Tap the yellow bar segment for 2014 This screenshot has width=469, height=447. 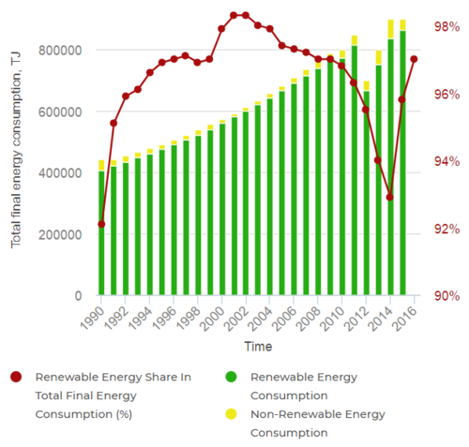pyautogui.click(x=391, y=29)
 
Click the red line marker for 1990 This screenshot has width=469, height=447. pyautogui.click(x=101, y=224)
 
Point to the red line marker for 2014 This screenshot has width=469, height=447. pyautogui.click(x=389, y=197)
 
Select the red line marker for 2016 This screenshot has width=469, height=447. pyautogui.click(x=414, y=59)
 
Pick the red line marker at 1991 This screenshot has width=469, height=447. pyautogui.click(x=113, y=123)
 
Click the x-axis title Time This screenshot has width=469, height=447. pyautogui.click(x=258, y=347)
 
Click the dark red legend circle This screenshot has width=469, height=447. pyautogui.click(x=16, y=377)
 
